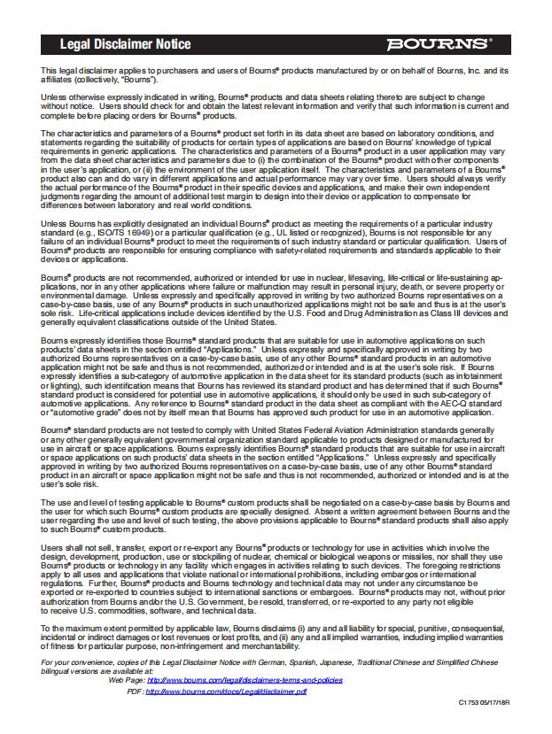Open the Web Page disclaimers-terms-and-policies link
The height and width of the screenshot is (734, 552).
pyautogui.click(x=244, y=680)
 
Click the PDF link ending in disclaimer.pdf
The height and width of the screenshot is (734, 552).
pyautogui.click(x=225, y=691)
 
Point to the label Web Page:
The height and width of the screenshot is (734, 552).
pyautogui.click(x=127, y=680)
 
